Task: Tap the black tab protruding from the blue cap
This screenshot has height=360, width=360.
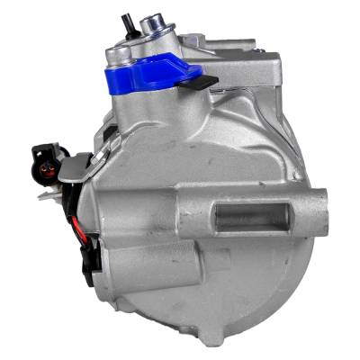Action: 205,84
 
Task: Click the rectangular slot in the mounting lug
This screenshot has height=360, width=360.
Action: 252,217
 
